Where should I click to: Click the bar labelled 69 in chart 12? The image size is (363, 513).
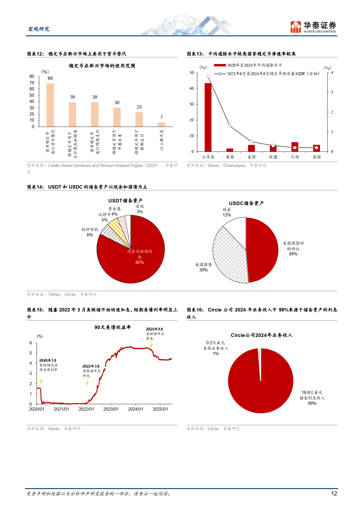50,105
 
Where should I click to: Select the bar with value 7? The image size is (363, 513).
161,125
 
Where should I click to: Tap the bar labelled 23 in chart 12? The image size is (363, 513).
139,119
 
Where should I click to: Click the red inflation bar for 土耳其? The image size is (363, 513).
208,117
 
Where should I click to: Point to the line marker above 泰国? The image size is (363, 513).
230,126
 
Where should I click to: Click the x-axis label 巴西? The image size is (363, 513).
295,157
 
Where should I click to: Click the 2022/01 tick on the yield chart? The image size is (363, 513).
86,409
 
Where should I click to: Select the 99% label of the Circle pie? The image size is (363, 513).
312,403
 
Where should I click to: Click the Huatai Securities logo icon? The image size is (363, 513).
296,27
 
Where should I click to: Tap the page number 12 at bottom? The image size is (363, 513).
334,494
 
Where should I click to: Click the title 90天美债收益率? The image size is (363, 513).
113,327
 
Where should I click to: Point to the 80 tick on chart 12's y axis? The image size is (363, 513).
32,76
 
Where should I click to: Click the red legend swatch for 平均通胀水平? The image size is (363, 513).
220,65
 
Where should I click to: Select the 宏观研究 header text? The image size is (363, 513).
39,29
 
